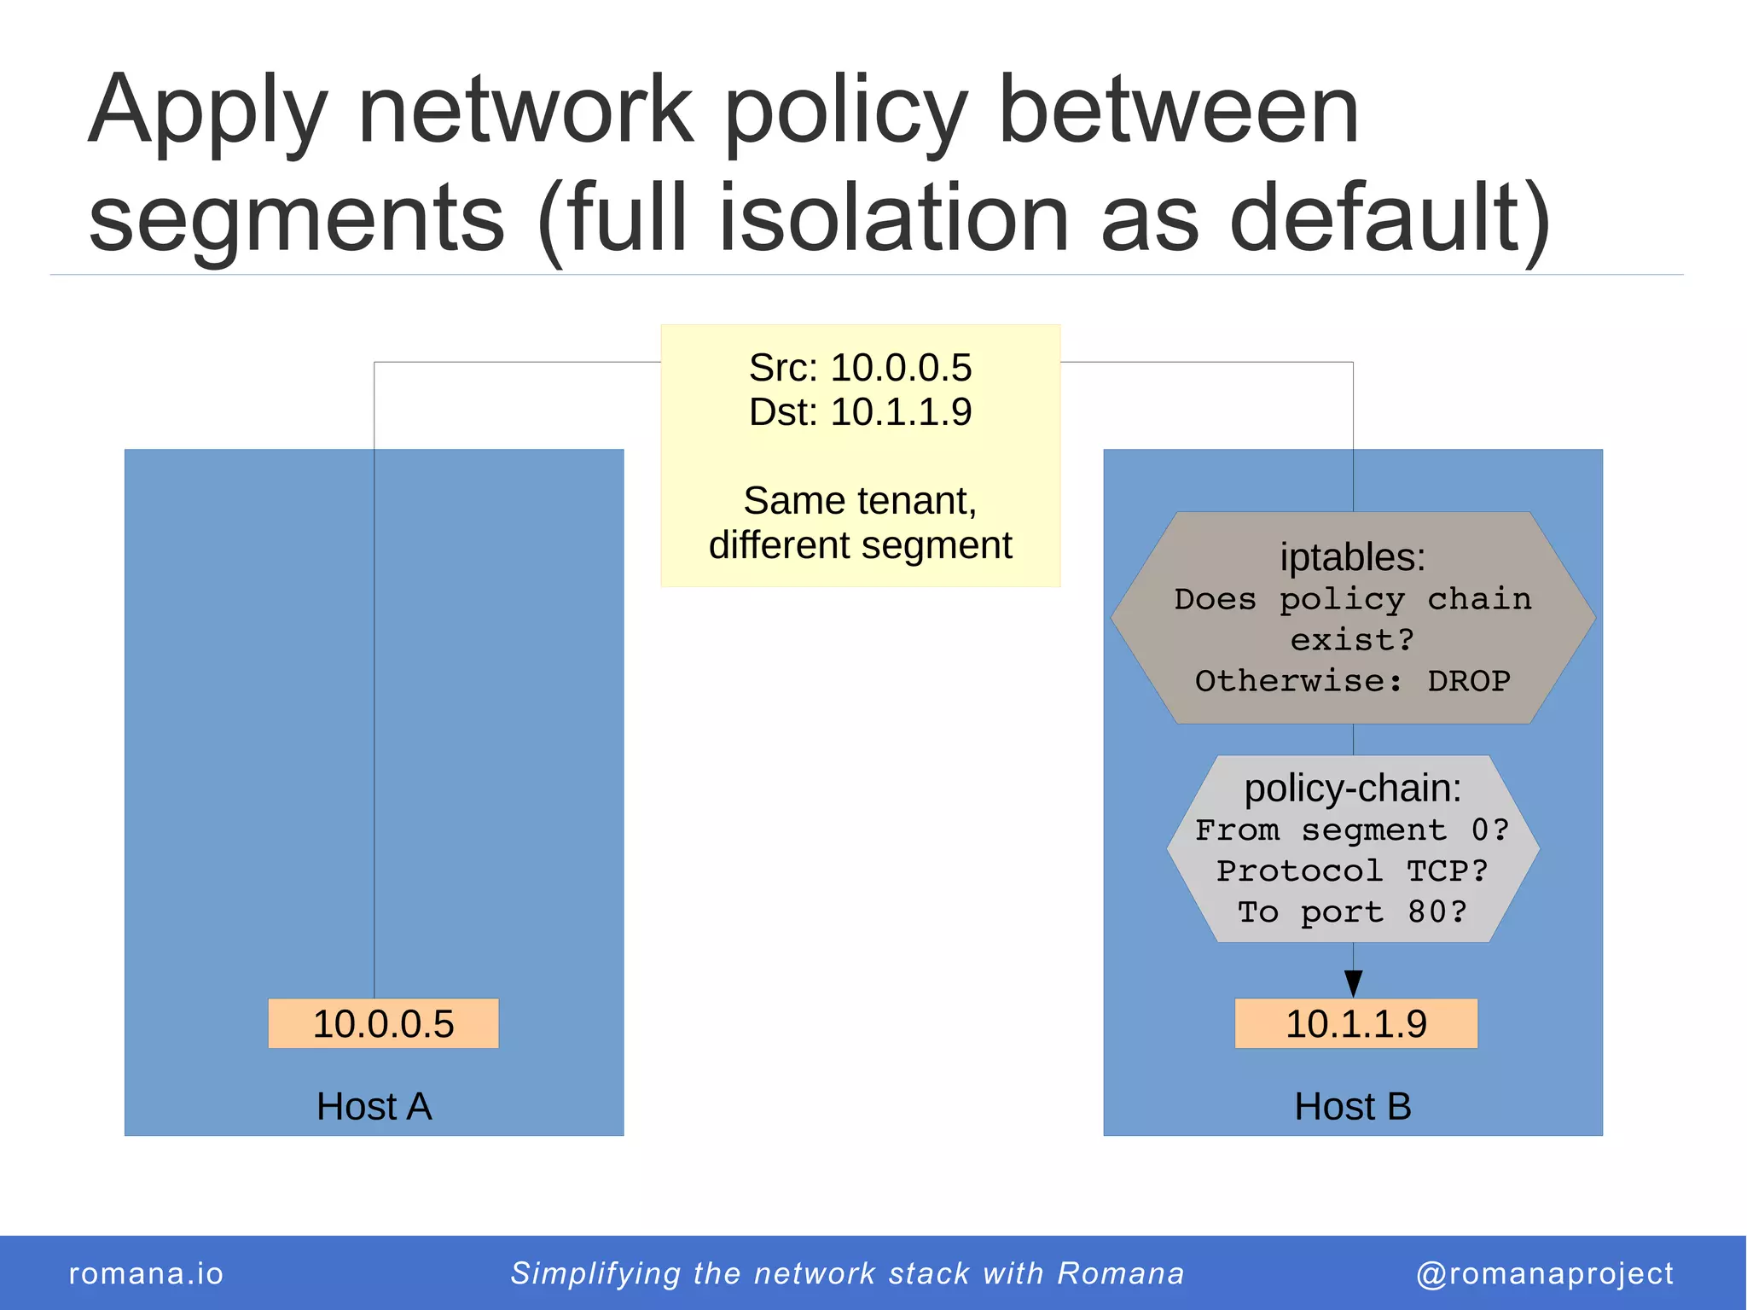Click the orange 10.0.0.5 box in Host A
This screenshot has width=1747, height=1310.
click(383, 1023)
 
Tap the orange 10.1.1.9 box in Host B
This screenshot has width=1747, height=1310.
click(1355, 1023)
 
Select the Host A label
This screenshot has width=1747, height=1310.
click(374, 1106)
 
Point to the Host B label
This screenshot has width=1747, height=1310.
click(1353, 1106)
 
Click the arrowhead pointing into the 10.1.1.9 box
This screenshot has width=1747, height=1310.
click(1353, 983)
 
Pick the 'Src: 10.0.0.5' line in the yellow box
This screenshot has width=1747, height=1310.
click(860, 368)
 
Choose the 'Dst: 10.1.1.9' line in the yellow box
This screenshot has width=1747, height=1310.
click(860, 412)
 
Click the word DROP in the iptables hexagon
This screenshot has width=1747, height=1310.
click(1469, 681)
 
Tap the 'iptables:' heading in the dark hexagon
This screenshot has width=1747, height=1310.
click(1353, 557)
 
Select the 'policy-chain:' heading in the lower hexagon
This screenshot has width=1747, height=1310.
click(1353, 788)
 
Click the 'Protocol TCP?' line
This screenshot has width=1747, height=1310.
click(1353, 871)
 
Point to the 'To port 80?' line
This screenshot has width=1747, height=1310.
click(1353, 912)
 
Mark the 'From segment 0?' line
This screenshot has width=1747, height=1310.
click(1353, 830)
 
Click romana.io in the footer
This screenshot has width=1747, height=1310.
click(146, 1273)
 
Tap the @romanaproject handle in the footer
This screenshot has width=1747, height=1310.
click(1545, 1273)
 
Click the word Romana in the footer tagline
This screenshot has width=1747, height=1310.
click(1121, 1273)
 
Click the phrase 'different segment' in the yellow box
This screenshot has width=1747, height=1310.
click(860, 545)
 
